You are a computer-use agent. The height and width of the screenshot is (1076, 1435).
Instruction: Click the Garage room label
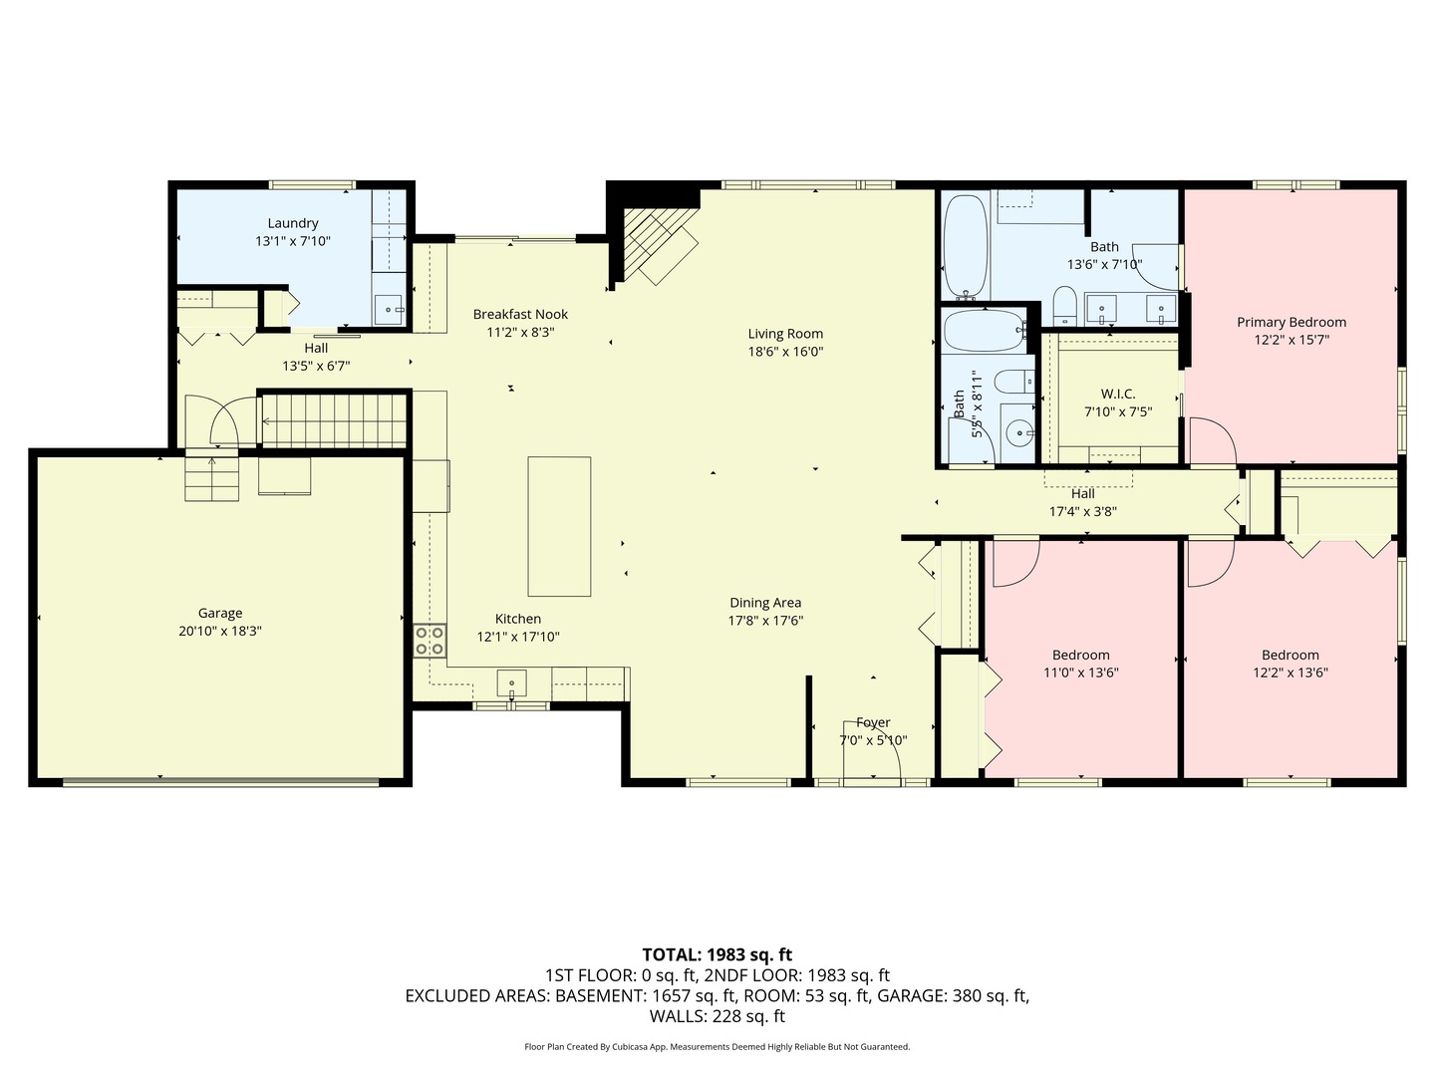[220, 614]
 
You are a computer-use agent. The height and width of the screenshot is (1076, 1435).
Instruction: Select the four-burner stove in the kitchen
[430, 640]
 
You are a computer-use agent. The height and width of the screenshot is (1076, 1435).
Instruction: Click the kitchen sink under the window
[511, 683]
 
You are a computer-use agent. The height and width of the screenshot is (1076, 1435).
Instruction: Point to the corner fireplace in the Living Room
[658, 244]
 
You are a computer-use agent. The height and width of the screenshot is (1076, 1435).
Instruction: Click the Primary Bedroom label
[1291, 322]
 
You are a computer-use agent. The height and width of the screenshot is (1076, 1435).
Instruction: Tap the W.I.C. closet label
[1117, 395]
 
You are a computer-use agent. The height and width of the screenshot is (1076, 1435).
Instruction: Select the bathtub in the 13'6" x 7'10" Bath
[965, 247]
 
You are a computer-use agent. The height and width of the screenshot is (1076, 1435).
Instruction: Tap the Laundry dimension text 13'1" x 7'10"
[293, 241]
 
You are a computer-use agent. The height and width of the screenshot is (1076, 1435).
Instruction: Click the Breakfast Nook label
[520, 315]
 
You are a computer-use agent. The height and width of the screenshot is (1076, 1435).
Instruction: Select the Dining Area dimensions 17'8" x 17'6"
[765, 621]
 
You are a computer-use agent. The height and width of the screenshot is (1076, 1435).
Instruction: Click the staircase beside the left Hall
[334, 420]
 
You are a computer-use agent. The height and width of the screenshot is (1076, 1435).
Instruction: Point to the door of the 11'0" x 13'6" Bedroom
[1014, 562]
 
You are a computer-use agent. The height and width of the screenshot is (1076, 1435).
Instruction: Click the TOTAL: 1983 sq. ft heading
[717, 954]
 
